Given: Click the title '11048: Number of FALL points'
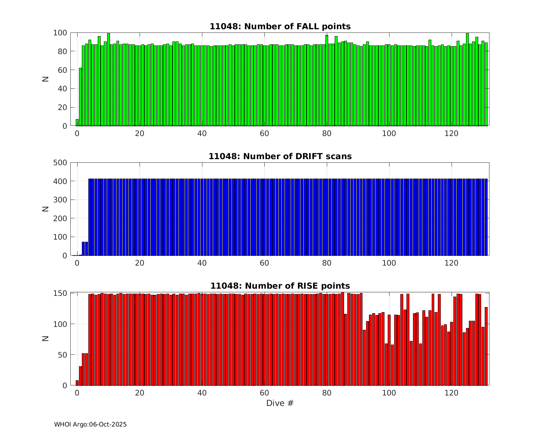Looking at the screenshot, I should pyautogui.click(x=280, y=26).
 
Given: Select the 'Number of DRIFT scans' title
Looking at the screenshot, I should pyautogui.click(x=280, y=156).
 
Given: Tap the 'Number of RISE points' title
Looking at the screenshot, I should pyautogui.click(x=280, y=286).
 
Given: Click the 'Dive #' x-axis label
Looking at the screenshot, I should pyautogui.click(x=280, y=403).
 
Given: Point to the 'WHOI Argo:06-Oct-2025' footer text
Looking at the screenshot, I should pyautogui.click(x=90, y=424).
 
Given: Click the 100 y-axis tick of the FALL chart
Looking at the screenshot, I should pyautogui.click(x=60, y=33).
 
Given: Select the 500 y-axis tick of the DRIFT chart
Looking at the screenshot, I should pyautogui.click(x=60, y=162).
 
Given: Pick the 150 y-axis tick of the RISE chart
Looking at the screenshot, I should pyautogui.click(x=60, y=293).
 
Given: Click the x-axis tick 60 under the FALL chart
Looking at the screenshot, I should pyautogui.click(x=264, y=133).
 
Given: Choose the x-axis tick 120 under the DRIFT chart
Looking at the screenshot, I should pyautogui.click(x=452, y=263).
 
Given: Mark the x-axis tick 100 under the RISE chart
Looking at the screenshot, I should pyautogui.click(x=389, y=393).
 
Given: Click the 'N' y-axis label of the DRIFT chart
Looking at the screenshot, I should pyautogui.click(x=45, y=209).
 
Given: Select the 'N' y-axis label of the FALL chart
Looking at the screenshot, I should pyautogui.click(x=45, y=79).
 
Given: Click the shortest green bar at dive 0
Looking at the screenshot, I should pyautogui.click(x=77, y=123).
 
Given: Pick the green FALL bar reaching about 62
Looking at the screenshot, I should pyautogui.click(x=80, y=97).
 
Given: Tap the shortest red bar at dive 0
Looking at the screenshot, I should pyautogui.click(x=77, y=383).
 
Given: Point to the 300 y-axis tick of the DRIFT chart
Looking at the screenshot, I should pyautogui.click(x=60, y=200).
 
